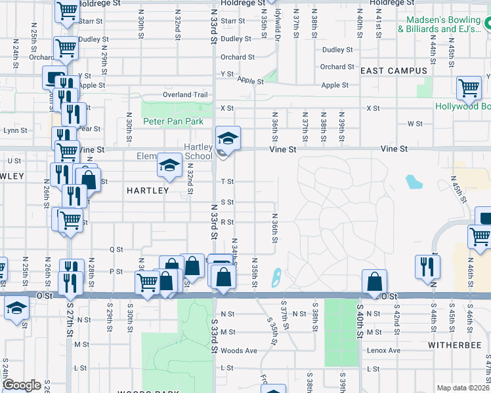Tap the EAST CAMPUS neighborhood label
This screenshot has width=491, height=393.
click(394, 71)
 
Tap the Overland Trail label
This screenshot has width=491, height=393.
click(186, 95)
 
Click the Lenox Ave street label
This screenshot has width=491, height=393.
click(385, 350)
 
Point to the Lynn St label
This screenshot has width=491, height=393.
click(14, 130)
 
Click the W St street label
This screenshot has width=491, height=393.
click(414, 123)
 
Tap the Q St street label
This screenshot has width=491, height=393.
click(116, 250)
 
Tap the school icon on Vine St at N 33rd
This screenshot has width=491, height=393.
click(228, 138)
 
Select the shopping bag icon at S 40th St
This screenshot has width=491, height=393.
click(374, 281)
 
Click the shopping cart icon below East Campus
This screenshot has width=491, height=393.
click(469, 87)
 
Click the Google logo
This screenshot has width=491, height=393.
click(22, 385)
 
